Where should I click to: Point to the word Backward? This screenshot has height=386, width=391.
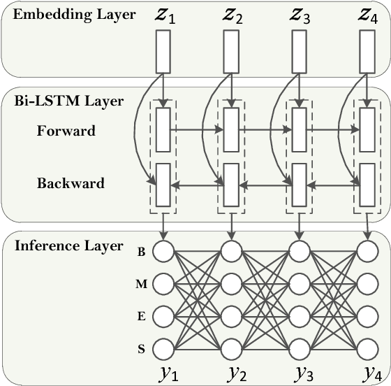(71, 184)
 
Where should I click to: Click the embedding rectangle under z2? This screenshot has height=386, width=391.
(230, 52)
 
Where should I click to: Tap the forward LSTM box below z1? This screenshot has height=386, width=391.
(163, 129)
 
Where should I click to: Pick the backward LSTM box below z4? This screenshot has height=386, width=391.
(367, 184)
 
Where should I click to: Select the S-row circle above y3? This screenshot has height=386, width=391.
(299, 346)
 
